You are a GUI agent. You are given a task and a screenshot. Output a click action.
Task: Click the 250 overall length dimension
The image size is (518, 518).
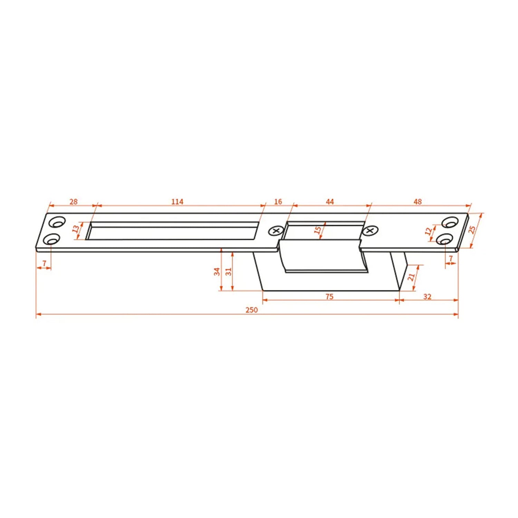pyautogui.click(x=251, y=310)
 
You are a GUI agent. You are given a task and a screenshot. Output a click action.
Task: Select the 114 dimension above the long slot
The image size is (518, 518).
pyautogui.click(x=177, y=202)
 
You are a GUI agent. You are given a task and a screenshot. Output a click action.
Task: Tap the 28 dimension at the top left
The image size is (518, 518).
pyautogui.click(x=74, y=202)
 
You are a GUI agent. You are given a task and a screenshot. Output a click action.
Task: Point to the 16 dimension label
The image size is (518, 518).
pyautogui.click(x=278, y=202)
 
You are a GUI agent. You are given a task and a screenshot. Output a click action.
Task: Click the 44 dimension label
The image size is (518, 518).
pyautogui.click(x=330, y=202)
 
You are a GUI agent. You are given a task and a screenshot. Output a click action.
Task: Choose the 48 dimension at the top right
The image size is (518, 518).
pyautogui.click(x=418, y=202)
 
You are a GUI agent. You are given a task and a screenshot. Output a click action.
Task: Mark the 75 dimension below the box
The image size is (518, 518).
pyautogui.click(x=329, y=297)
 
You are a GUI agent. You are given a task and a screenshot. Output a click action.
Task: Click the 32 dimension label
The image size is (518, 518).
pyautogui.click(x=427, y=297)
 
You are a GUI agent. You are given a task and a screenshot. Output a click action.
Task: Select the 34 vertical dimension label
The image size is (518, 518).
pyautogui.click(x=217, y=272)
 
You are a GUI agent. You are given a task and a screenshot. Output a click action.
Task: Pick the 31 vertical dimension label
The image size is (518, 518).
pyautogui.click(x=229, y=272)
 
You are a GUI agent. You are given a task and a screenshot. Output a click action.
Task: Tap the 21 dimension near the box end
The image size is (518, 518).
pyautogui.click(x=411, y=277)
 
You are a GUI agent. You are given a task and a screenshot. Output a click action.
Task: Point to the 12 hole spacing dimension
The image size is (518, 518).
pyautogui.click(x=429, y=231)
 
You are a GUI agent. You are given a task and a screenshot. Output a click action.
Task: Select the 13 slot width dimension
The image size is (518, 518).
pyautogui.click(x=76, y=229)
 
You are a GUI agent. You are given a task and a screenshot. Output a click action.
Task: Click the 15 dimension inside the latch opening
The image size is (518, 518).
pyautogui.click(x=318, y=230)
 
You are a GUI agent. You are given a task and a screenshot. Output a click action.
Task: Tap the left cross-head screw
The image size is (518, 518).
pyautogui.click(x=276, y=231)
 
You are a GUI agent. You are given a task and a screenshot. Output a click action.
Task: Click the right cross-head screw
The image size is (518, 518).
pyautogui.click(x=370, y=230)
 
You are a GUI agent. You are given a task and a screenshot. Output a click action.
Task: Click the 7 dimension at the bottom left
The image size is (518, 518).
pyautogui.click(x=44, y=264)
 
